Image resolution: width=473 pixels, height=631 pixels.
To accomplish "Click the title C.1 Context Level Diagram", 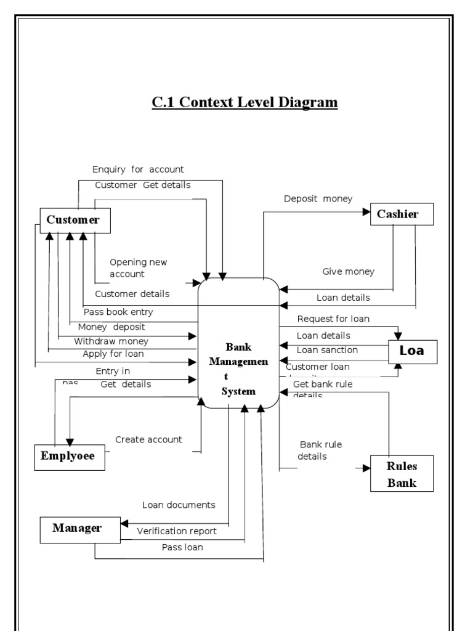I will (x=245, y=102).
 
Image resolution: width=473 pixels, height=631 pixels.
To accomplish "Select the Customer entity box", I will (x=75, y=221).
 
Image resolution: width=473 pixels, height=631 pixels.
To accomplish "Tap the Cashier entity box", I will (x=402, y=214).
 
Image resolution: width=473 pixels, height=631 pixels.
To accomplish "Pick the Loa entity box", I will (x=412, y=352).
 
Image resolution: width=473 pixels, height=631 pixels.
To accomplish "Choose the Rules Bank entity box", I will (x=402, y=473).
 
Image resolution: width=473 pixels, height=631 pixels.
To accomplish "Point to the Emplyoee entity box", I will (x=69, y=457).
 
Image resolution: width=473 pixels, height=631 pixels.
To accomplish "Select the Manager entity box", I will (x=77, y=528).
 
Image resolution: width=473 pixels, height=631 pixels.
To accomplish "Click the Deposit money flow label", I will (x=318, y=198).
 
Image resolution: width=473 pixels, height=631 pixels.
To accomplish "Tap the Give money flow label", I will (x=348, y=272).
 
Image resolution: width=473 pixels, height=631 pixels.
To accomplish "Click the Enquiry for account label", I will (x=138, y=169).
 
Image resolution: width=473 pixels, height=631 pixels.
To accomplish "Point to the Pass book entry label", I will (x=118, y=312).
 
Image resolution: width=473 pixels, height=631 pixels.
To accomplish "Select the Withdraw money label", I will (x=111, y=341).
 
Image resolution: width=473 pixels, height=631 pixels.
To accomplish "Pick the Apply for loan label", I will (x=113, y=354).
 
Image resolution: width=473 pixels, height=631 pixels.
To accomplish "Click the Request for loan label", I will (x=333, y=319).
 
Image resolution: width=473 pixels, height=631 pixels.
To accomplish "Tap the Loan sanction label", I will (x=327, y=350).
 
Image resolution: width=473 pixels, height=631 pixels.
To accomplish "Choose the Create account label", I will (x=148, y=439).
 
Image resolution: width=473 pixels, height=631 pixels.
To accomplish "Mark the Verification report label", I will (x=176, y=531).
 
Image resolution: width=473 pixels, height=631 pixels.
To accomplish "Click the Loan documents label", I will (x=179, y=505).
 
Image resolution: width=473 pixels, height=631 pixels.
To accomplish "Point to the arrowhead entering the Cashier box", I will (x=365, y=213).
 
